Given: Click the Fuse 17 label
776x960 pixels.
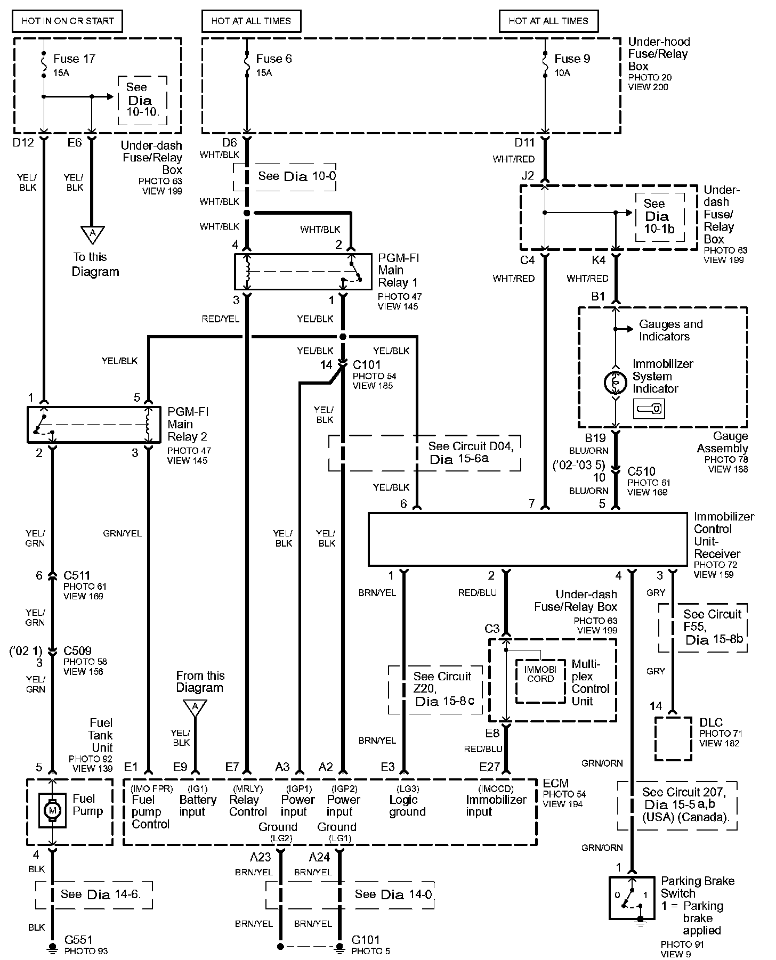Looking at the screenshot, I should [74, 59].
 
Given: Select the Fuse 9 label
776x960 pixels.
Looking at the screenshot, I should [572, 59].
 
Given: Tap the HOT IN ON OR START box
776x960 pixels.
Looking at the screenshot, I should [68, 21].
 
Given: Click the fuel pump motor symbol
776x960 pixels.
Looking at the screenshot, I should [52, 811].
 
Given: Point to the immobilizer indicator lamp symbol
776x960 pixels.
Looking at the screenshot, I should [615, 382].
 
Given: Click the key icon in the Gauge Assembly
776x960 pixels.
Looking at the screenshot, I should [648, 409].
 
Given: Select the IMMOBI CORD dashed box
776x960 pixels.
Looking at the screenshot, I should [540, 680].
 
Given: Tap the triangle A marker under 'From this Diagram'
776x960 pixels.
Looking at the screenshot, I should [195, 707].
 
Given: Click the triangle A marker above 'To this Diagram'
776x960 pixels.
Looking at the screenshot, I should [92, 233].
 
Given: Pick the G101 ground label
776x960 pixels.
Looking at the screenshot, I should [366, 940].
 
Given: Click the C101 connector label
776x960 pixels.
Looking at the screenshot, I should [367, 365].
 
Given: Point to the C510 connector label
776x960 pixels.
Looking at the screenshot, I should [641, 471].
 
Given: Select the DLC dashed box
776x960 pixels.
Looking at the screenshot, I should [673, 739].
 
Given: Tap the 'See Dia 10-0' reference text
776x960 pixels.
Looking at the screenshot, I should [297, 176].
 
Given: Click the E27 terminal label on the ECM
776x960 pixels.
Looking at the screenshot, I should [489, 767].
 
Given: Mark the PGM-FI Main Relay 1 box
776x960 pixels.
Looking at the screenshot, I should [303, 272].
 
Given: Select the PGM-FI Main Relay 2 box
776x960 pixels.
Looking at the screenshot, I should [94, 425].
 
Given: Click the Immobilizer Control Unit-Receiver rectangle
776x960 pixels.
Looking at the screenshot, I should [528, 539].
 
